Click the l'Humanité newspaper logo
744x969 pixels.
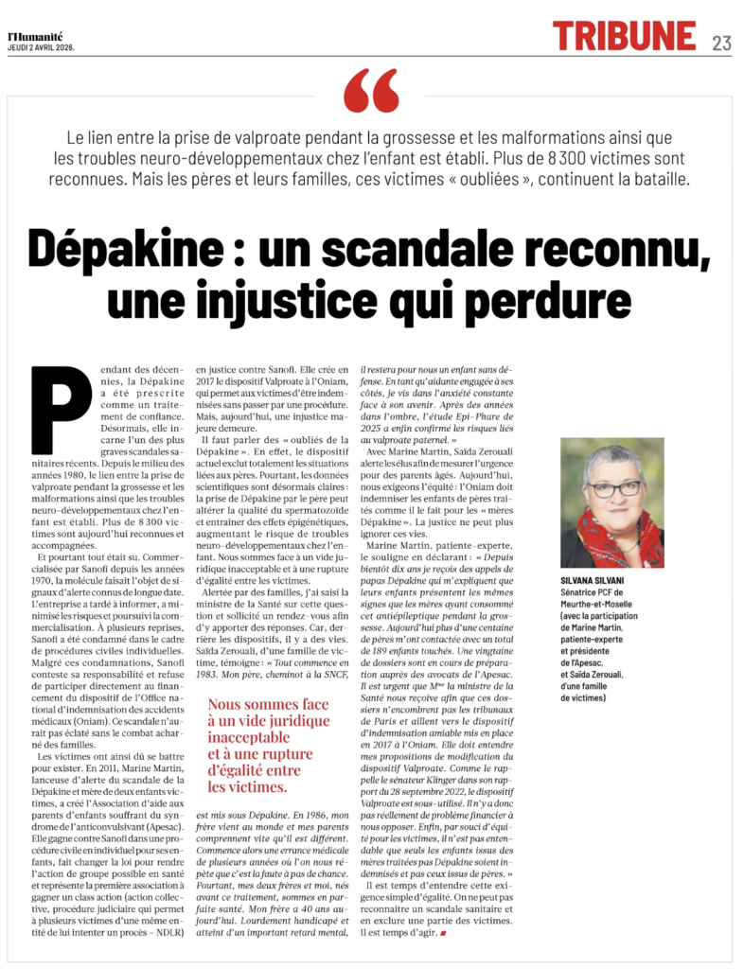click(37, 35)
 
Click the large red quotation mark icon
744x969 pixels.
click(371, 91)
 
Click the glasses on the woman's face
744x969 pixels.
click(612, 487)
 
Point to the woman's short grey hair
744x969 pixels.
click(611, 457)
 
